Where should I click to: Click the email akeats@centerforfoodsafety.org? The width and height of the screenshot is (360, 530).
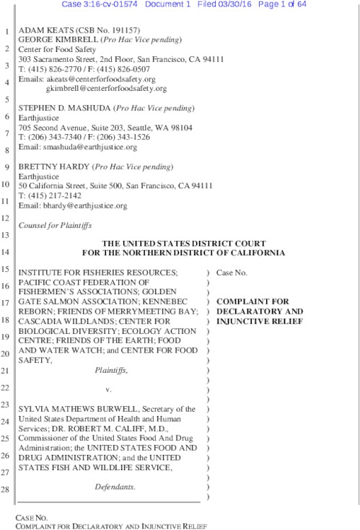(x=100, y=79)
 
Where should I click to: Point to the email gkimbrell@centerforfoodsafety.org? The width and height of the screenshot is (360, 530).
(x=106, y=89)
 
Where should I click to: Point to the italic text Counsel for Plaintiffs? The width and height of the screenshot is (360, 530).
(x=53, y=225)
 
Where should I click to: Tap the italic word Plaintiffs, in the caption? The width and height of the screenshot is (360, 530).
(x=111, y=370)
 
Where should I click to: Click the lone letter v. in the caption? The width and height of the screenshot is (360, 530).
(x=108, y=389)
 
